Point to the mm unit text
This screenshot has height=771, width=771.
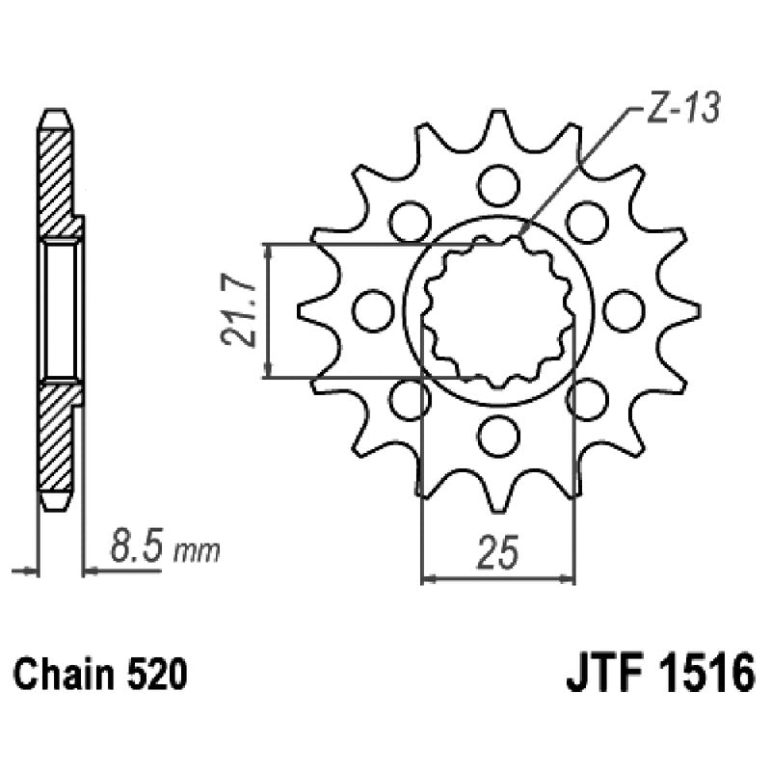pos(199,553)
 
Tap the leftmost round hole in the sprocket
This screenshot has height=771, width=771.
pos(373,308)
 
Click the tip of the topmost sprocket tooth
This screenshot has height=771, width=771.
pos(499,113)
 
